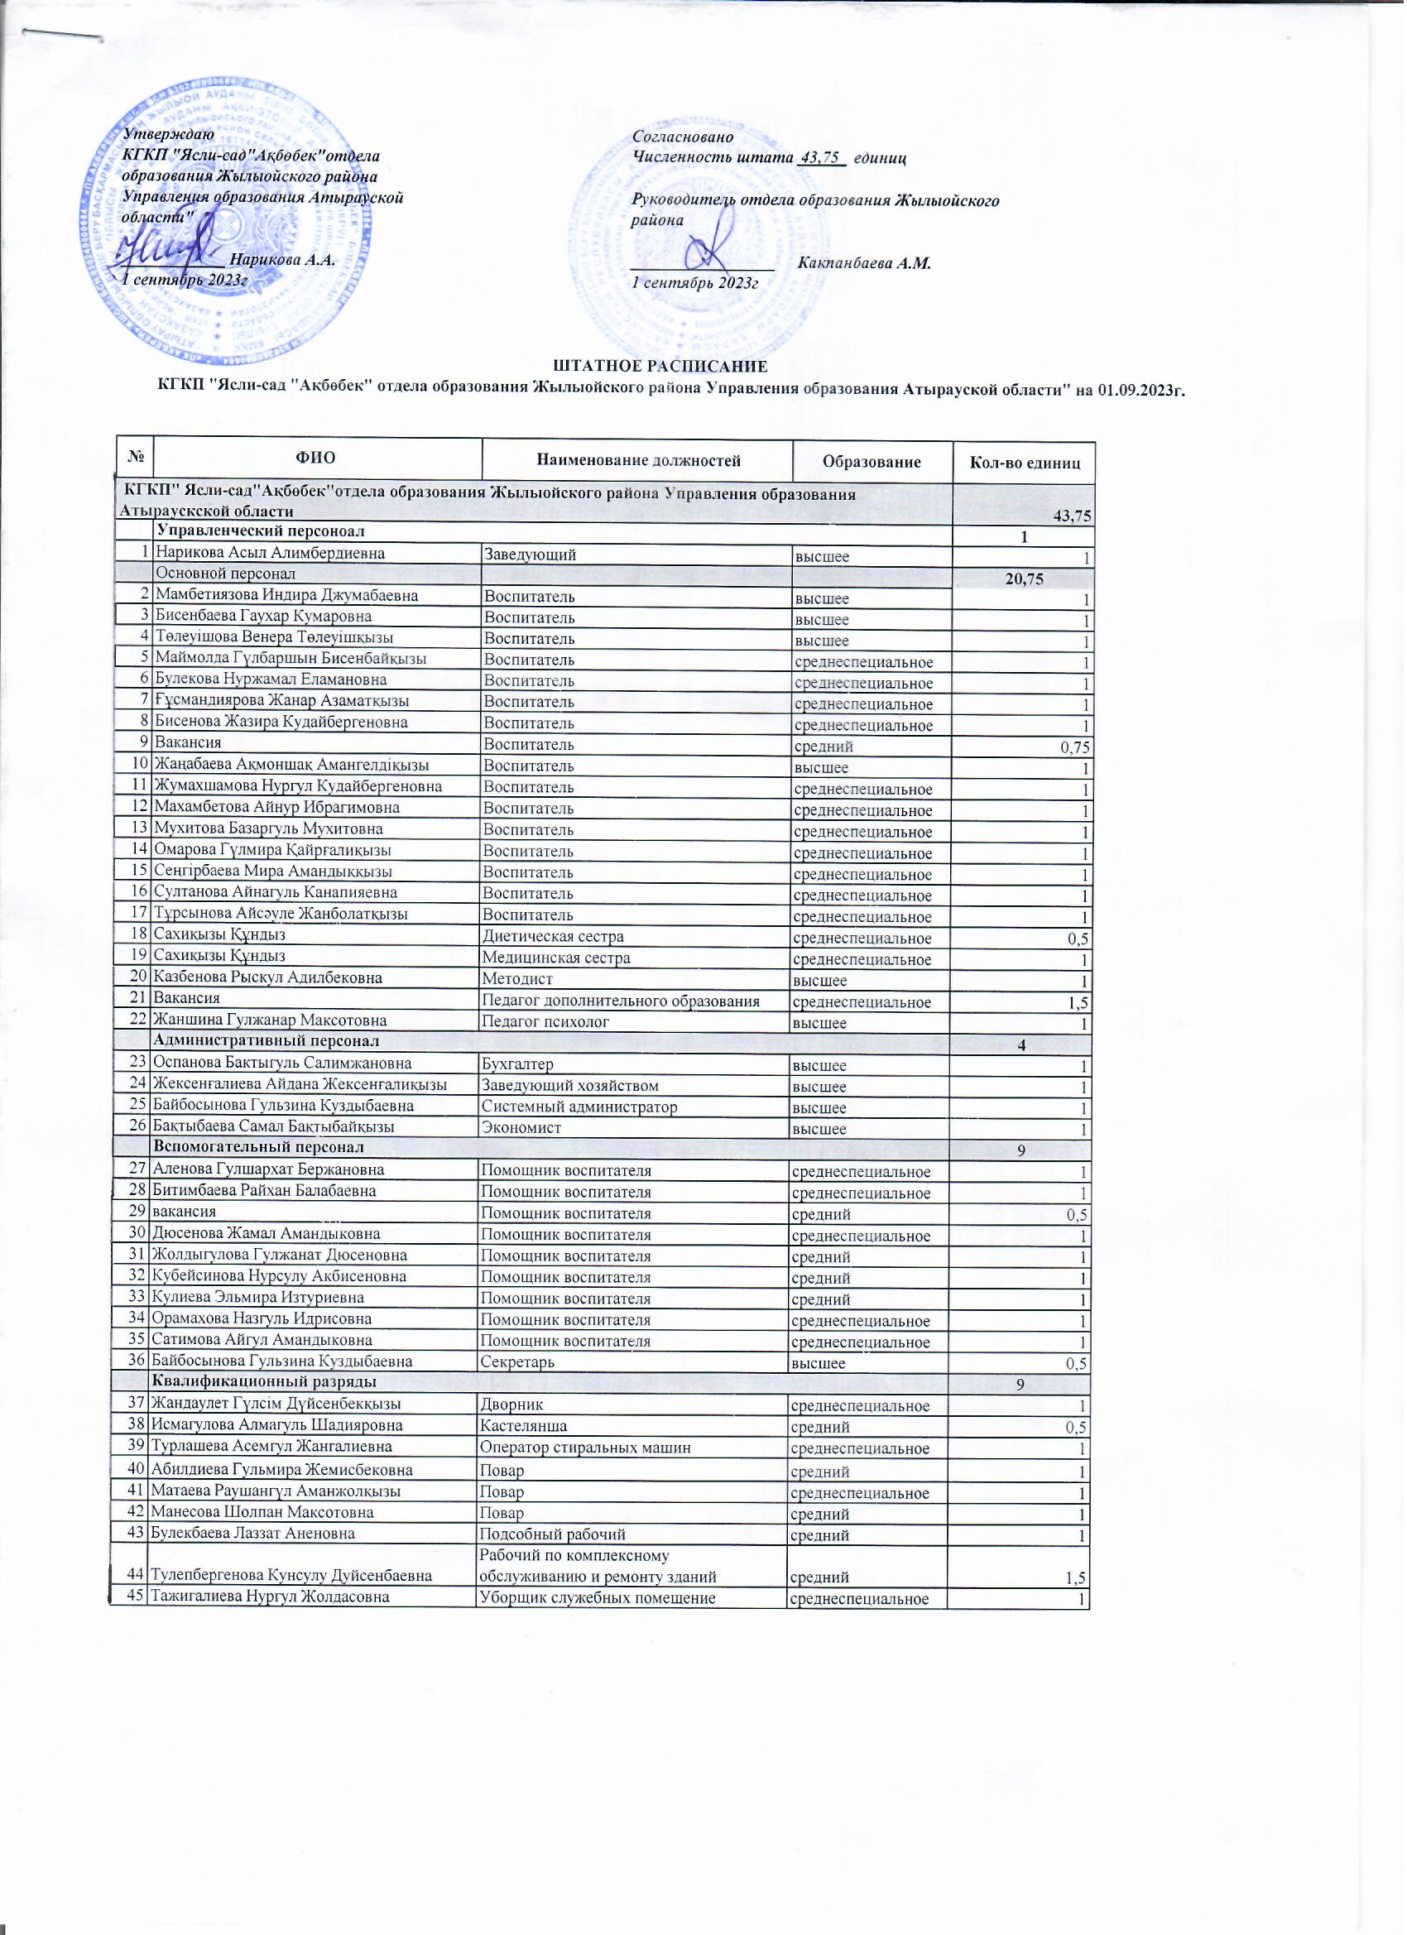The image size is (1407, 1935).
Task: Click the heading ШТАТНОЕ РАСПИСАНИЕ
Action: coord(661,367)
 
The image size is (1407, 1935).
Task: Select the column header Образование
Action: coord(872,463)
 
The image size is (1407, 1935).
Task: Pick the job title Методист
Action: coord(519,979)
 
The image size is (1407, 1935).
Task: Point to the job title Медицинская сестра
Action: coord(557,958)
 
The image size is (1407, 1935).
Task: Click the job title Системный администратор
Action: coord(580,1107)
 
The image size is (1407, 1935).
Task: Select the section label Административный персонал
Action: coord(266,1042)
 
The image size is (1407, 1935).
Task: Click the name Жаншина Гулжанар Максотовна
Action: coord(270,1021)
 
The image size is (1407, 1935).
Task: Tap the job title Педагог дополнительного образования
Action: coord(622,1001)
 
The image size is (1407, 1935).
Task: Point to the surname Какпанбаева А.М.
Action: coord(864,264)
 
